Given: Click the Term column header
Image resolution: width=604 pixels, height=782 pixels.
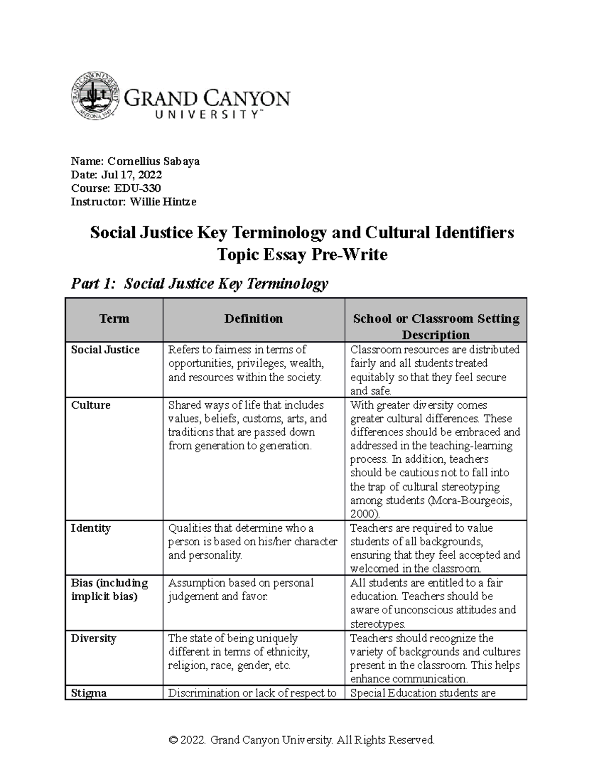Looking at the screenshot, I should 114,319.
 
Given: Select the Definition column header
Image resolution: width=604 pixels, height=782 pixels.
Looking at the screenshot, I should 253,319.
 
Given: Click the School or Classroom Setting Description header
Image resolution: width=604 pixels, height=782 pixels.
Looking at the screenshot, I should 436,326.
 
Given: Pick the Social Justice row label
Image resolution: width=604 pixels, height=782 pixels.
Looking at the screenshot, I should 105,350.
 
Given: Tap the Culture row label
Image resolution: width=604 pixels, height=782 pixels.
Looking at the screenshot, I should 91,405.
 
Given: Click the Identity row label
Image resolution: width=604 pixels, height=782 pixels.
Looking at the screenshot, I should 91,528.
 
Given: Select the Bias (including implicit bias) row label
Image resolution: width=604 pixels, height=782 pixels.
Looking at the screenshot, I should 109,590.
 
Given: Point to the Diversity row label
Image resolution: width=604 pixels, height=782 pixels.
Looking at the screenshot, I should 94,638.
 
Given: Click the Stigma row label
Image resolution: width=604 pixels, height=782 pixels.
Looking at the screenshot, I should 89,693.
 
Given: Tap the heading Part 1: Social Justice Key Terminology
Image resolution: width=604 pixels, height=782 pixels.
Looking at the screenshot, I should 200,284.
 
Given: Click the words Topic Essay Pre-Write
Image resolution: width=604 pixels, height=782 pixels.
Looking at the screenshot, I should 301,255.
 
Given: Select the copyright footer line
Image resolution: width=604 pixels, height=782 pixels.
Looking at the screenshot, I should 301,740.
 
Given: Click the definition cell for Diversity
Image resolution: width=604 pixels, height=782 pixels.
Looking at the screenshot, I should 239,652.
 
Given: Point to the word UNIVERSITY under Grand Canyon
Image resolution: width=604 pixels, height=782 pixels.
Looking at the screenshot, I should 206,115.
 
